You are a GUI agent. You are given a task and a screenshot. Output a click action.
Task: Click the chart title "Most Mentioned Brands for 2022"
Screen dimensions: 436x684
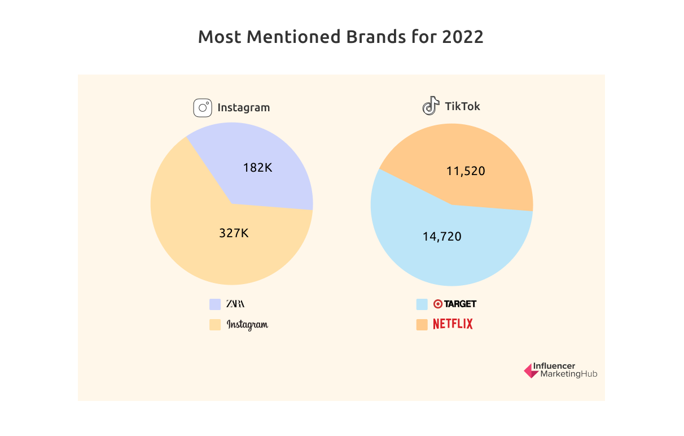click(x=340, y=37)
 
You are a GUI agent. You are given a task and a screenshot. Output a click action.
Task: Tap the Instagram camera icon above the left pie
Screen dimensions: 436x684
click(x=203, y=108)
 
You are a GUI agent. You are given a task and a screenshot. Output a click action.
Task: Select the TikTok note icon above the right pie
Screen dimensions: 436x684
click(x=431, y=106)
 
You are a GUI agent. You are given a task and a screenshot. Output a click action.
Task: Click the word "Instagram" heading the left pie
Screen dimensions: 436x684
click(x=243, y=107)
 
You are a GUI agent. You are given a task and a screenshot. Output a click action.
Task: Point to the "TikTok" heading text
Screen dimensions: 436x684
click(x=462, y=106)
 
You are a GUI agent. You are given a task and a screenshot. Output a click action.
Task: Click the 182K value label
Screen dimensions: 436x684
click(x=257, y=168)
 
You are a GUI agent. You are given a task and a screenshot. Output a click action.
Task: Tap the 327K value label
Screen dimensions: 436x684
click(x=234, y=233)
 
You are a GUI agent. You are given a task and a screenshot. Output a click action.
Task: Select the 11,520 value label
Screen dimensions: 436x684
click(x=466, y=171)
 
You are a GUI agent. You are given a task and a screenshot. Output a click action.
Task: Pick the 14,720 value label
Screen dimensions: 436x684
click(x=442, y=237)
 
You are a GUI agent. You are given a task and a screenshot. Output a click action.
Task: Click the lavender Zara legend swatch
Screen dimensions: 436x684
click(x=215, y=304)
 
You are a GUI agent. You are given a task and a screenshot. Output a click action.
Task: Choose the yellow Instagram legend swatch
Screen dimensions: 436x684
click(x=215, y=325)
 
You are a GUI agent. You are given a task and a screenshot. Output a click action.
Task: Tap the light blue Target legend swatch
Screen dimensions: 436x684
click(x=422, y=304)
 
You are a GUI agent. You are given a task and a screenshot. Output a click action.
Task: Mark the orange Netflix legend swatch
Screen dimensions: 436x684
click(x=422, y=325)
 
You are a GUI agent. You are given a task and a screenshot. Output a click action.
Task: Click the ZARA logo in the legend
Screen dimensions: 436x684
click(x=235, y=304)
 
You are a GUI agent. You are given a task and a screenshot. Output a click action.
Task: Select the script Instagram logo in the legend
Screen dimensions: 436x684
click(x=247, y=325)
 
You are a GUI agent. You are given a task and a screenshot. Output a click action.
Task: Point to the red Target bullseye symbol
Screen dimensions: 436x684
click(x=437, y=304)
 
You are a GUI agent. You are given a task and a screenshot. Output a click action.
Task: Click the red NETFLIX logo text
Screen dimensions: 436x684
click(x=453, y=324)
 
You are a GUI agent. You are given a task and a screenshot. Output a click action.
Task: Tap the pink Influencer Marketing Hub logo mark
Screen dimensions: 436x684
click(x=530, y=370)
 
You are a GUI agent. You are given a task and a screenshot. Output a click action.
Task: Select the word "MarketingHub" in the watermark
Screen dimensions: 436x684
click(x=568, y=374)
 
